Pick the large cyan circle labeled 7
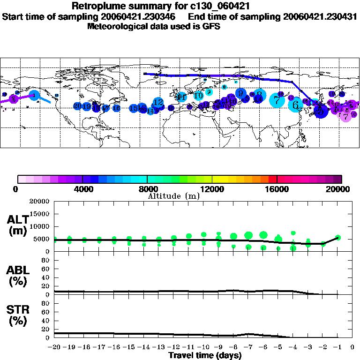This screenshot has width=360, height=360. click(277, 100)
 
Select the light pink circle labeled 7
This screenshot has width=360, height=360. click(346, 116)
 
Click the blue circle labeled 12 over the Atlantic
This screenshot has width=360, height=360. click(158, 102)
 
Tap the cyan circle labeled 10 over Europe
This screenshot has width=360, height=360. click(198, 95)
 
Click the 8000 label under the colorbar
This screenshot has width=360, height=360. click(147, 189)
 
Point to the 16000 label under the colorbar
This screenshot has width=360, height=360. click(277, 189)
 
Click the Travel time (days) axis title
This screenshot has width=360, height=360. click(205, 355)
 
